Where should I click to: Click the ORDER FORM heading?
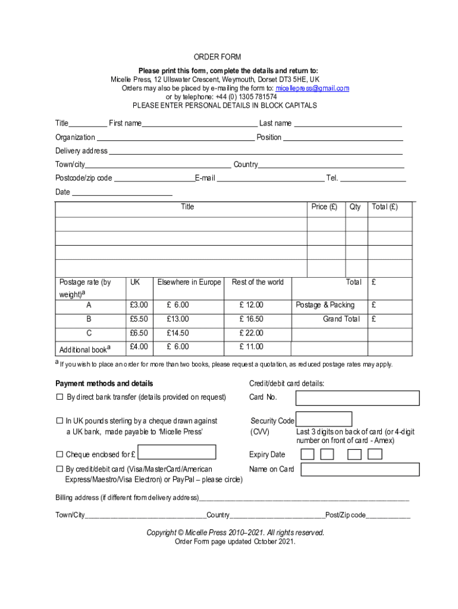[x=217, y=57]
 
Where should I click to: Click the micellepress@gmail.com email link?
[x=312, y=88]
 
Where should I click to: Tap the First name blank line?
[x=199, y=124]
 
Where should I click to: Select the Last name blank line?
[x=348, y=124]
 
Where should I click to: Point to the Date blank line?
[x=122, y=193]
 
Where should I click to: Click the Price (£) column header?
[x=324, y=207]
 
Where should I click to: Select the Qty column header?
[x=355, y=207]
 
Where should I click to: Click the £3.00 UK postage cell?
[x=139, y=305]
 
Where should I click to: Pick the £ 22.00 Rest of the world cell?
[x=251, y=333]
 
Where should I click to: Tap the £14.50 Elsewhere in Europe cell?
[x=178, y=333]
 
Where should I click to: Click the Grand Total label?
[x=341, y=319]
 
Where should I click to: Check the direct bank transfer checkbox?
[x=59, y=397]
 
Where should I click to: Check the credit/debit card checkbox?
[x=59, y=469]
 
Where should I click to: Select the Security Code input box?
[x=324, y=419]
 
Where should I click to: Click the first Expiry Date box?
[x=308, y=455]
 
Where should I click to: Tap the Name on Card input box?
[x=360, y=469]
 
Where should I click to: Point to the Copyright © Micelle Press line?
[x=236, y=532]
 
